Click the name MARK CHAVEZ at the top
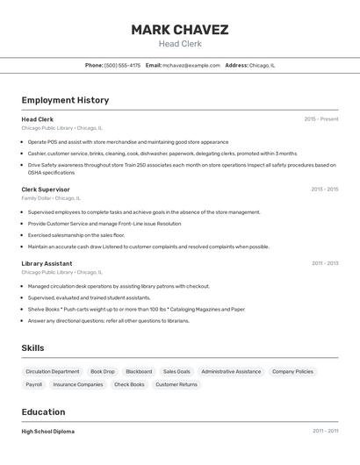179,30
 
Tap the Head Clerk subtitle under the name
179,44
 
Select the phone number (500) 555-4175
122,65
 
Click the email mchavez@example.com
191,65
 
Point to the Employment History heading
65,100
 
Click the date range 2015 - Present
320,118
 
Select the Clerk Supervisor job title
46,190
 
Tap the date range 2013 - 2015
324,190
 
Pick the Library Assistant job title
47,263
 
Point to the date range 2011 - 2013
324,263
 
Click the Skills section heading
32,348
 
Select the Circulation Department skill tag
53,372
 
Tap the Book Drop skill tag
103,372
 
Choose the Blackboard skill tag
139,372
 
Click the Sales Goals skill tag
176,372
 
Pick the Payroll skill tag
34,384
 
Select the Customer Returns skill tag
176,384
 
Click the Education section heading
43,412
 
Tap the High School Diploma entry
47,432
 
